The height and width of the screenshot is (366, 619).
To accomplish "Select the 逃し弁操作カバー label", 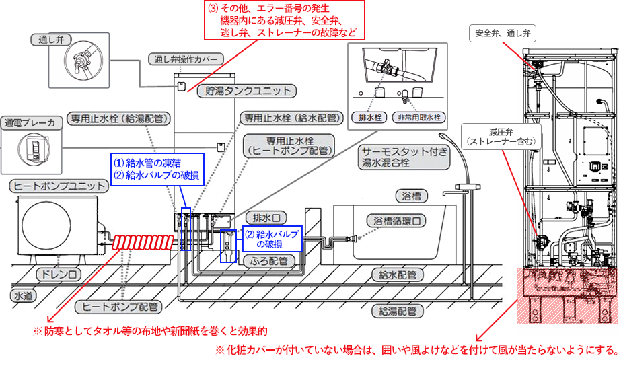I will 183,59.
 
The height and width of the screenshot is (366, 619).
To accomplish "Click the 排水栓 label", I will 369,117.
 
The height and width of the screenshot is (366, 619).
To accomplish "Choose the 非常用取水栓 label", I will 419,117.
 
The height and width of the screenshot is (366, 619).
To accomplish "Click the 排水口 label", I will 266,217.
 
